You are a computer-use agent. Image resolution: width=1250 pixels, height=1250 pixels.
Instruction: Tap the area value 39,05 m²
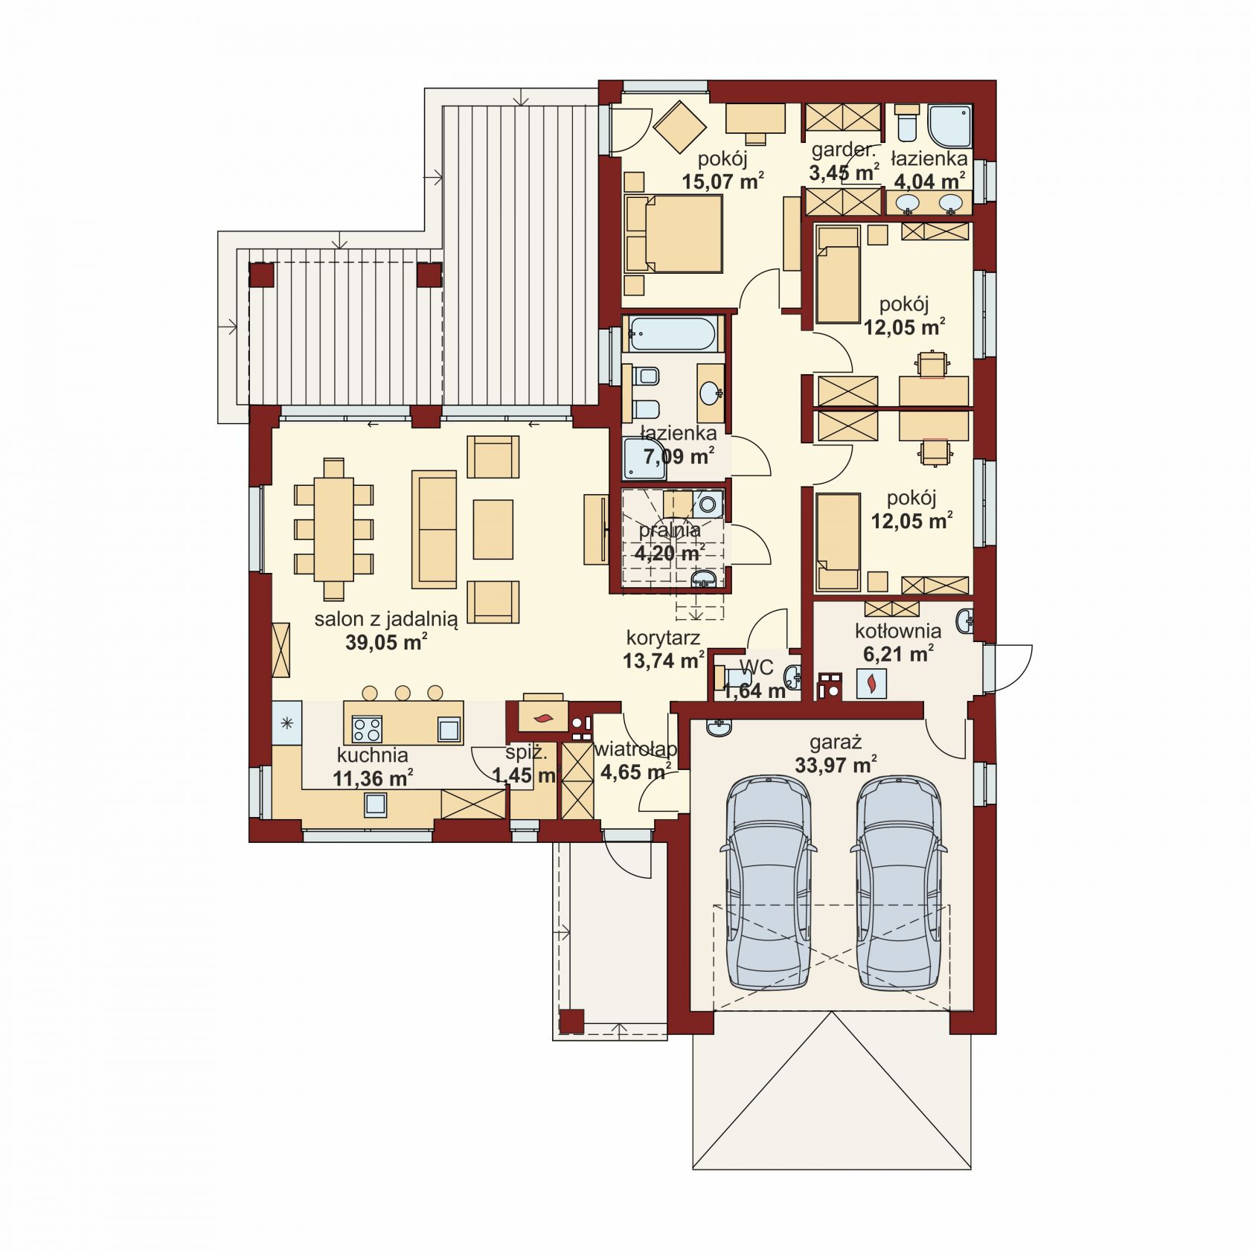[386, 643]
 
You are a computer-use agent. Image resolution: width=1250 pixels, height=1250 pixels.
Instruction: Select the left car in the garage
[768, 882]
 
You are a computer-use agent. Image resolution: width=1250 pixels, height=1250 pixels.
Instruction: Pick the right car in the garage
[899, 882]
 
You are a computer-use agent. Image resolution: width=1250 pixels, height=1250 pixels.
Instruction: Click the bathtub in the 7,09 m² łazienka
[673, 334]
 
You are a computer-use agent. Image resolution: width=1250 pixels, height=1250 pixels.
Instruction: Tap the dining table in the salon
[333, 529]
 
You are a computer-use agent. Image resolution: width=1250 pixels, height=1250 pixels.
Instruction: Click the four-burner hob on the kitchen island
[366, 728]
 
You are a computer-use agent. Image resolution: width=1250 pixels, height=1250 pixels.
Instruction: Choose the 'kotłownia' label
[898, 631]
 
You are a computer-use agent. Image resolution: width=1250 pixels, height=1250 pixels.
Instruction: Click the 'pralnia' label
[670, 531]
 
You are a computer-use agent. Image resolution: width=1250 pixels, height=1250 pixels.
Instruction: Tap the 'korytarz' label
[663, 638]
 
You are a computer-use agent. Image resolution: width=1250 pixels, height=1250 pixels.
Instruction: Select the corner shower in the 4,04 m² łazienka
[950, 126]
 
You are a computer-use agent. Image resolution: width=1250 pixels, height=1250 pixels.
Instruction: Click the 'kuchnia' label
[372, 755]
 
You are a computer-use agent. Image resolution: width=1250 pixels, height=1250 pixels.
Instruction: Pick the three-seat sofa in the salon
[435, 529]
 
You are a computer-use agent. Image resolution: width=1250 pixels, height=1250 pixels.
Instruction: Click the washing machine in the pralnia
[709, 504]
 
